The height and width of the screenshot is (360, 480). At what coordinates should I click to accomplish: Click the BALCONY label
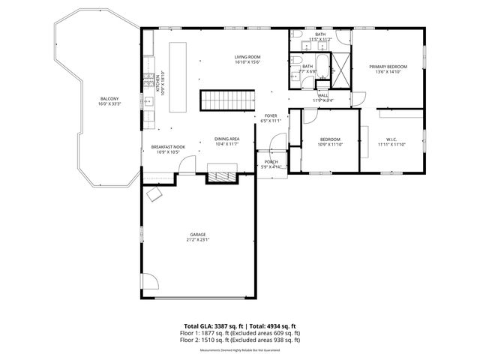(109, 99)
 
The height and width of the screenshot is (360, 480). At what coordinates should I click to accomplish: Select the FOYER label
(270, 115)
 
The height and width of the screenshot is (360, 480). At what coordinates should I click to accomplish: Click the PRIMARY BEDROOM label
(387, 67)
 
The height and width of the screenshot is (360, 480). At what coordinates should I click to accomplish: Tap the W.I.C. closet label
(391, 139)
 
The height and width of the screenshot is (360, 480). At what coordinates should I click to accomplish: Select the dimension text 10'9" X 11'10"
(330, 145)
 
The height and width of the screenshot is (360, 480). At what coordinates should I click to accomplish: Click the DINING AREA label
(226, 139)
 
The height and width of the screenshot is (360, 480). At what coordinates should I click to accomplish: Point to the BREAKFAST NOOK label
(168, 147)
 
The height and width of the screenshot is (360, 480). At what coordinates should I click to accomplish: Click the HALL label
(323, 95)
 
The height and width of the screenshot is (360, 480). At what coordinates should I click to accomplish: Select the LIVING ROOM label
(247, 57)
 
